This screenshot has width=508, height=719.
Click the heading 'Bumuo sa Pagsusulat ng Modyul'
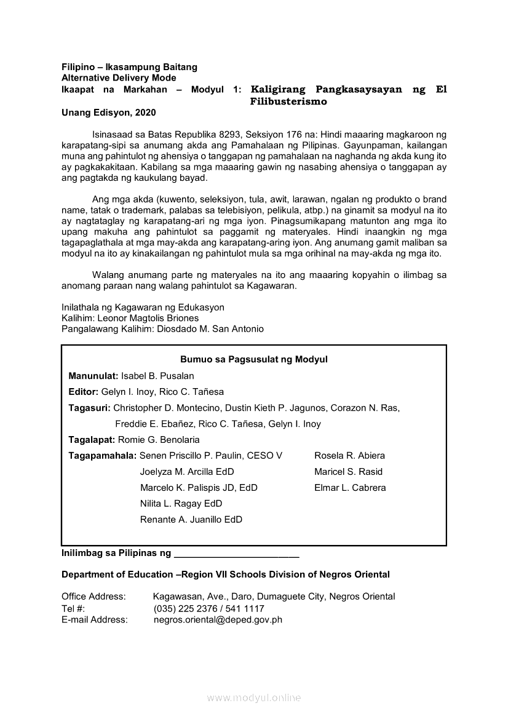[x=253, y=359]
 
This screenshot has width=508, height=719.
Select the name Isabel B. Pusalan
[x=157, y=376]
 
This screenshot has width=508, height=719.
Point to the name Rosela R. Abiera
[x=349, y=456]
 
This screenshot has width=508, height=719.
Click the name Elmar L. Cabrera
[x=350, y=488]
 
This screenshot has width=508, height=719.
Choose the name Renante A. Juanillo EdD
[x=191, y=520]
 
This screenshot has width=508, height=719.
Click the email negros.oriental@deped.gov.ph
[x=218, y=620]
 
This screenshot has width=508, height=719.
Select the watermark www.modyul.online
[x=253, y=697]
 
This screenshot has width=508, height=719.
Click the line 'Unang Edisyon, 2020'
[x=109, y=113]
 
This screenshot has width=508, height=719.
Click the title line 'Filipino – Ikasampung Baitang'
[x=129, y=66]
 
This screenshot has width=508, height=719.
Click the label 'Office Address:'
[x=93, y=597]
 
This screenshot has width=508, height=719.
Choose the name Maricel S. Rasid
[x=348, y=472]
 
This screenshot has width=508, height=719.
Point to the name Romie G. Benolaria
[x=158, y=440]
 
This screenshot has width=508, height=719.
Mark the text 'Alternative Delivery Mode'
[x=119, y=78]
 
